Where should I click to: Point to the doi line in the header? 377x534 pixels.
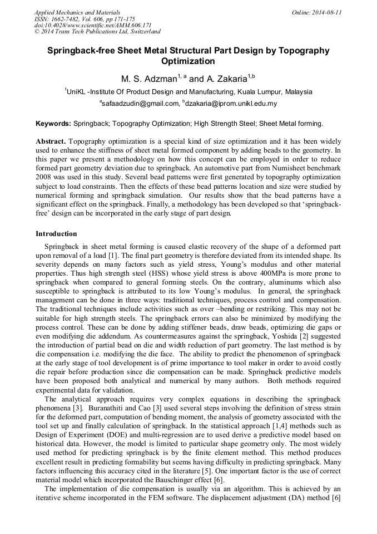point(93,26)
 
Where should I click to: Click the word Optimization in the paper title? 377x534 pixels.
point(188,61)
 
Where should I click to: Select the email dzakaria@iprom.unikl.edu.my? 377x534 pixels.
point(231,104)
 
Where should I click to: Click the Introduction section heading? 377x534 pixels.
point(56,233)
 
